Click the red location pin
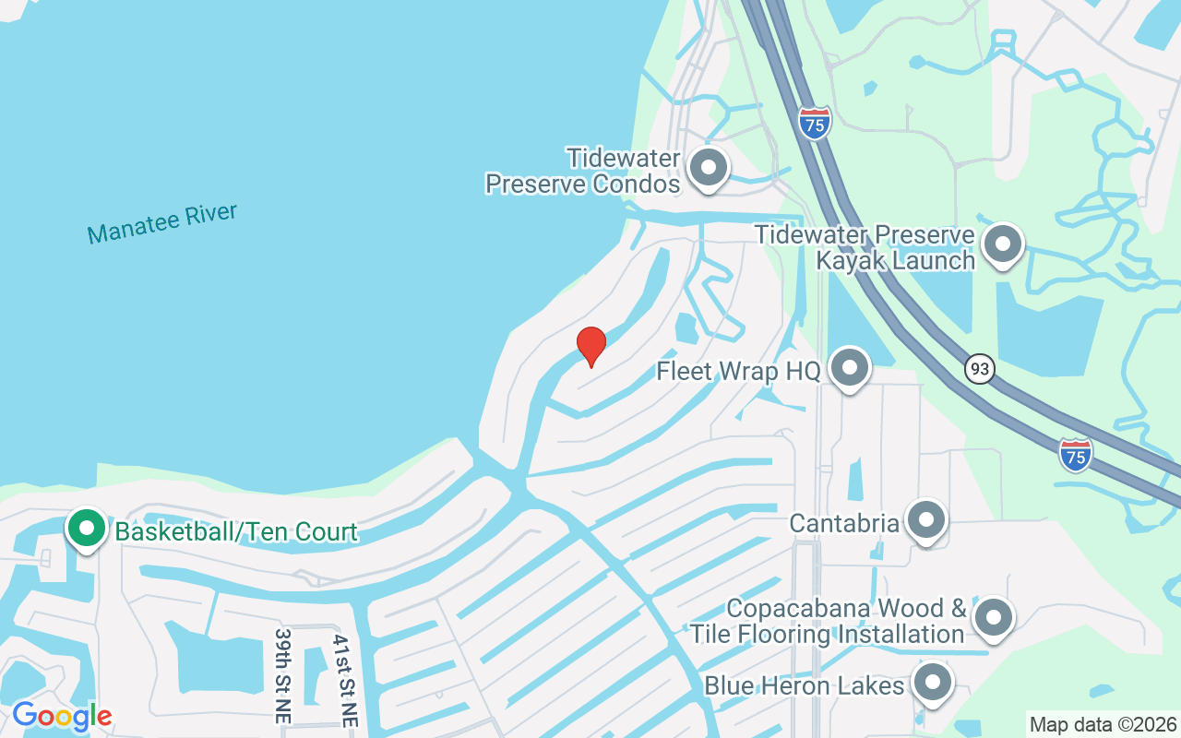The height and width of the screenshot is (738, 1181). [x=590, y=346]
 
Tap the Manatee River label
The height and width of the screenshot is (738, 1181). [x=162, y=223]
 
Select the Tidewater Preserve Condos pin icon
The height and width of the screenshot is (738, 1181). [x=709, y=168]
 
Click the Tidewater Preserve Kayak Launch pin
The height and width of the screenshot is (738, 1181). [x=1002, y=244]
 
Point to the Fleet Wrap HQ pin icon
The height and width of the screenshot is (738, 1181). [x=849, y=368]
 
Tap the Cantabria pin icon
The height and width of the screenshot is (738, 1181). [x=925, y=521]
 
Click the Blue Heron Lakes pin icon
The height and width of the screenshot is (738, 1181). [x=932, y=684]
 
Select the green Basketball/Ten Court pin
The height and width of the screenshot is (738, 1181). [x=87, y=530]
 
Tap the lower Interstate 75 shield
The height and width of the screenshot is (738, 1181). [x=1076, y=455]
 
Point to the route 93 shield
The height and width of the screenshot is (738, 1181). [x=980, y=369]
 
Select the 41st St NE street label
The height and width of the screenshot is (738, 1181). [x=344, y=681]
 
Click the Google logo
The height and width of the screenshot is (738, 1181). [x=62, y=716]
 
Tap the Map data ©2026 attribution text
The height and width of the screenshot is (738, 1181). [x=1103, y=724]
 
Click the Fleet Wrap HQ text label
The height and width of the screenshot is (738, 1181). [x=738, y=372]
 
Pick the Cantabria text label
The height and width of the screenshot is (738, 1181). [x=844, y=523]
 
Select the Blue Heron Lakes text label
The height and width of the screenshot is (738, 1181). [x=804, y=686]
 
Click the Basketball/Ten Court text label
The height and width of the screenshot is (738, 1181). [x=236, y=531]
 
